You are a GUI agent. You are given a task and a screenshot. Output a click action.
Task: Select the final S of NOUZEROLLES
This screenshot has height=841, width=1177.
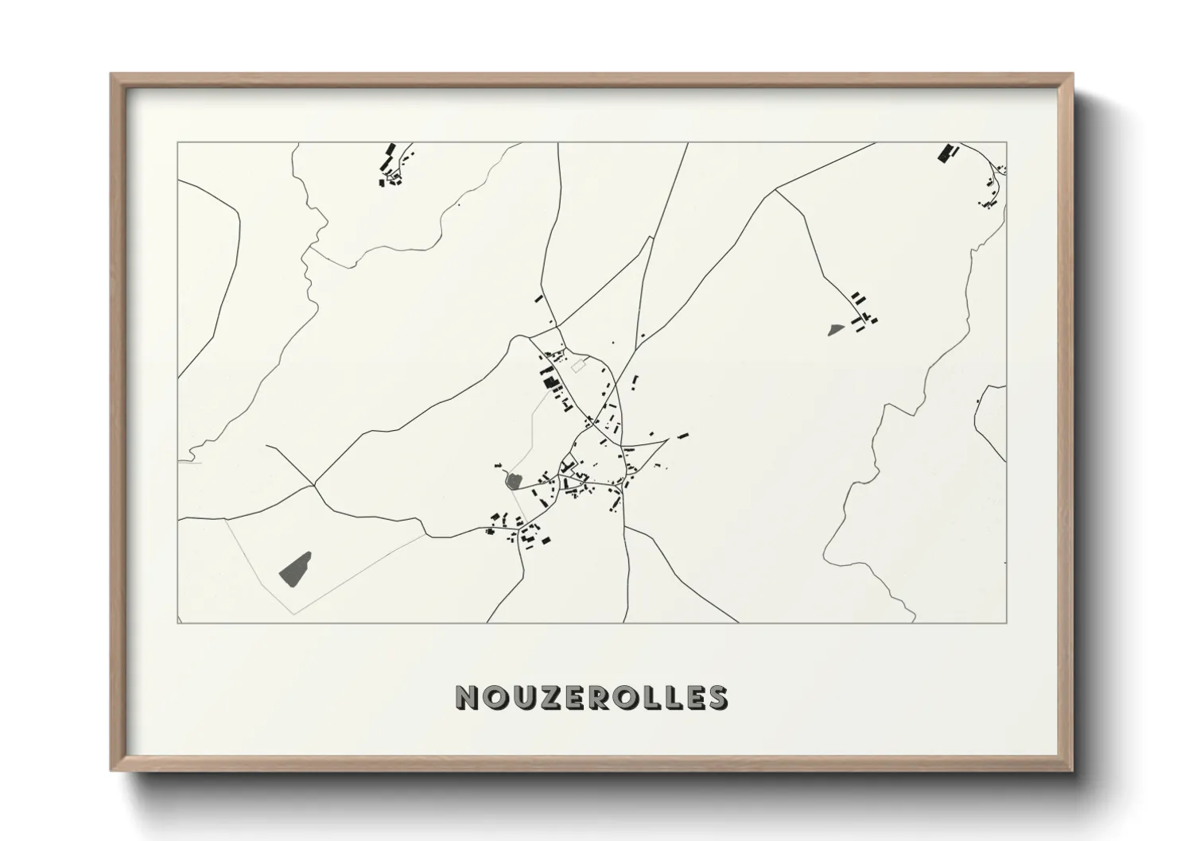coord(717,697)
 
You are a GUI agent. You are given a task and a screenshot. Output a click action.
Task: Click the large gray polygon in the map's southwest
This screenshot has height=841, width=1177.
coord(295,568)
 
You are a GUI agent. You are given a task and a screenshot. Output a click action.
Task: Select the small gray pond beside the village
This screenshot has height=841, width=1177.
coord(513,480)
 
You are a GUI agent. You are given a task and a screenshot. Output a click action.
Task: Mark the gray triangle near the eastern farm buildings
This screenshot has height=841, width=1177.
coord(835,328)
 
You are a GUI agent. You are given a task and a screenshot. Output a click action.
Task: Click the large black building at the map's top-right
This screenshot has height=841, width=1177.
coord(945,153)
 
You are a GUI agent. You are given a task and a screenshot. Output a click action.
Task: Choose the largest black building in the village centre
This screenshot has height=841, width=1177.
coord(549,383)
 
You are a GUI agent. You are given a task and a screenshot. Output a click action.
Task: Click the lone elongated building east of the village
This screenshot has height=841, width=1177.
coord(682,436)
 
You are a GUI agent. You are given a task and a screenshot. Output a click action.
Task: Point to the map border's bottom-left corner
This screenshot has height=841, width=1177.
coord(178,623)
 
